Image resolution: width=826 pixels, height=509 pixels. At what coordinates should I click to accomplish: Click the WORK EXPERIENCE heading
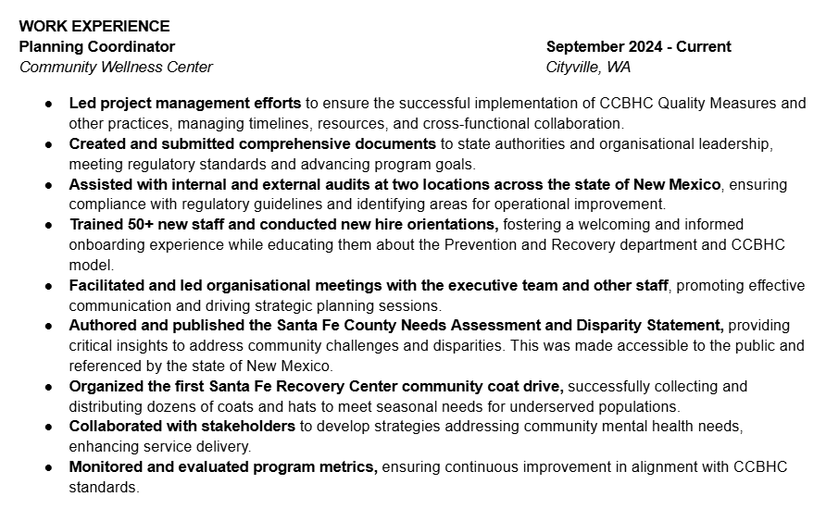coord(94,26)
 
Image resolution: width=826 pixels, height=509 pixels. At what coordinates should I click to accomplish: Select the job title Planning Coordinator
coord(97,46)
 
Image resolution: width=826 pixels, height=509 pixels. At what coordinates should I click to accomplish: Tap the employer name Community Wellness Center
coord(116,67)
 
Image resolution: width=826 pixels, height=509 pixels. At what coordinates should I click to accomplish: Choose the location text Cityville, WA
coord(588,67)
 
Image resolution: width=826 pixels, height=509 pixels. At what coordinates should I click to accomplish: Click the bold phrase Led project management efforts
coord(184,103)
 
